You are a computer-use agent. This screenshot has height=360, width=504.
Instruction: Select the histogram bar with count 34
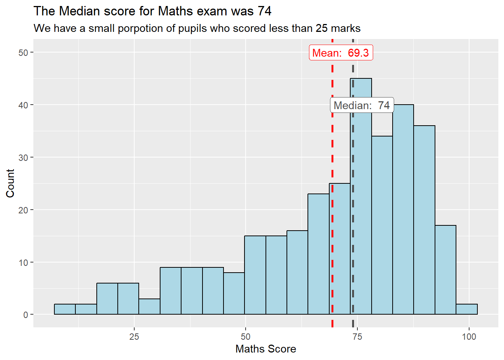pyautogui.click(x=382, y=225)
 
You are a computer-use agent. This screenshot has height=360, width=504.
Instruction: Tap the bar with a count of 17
pyautogui.click(x=445, y=270)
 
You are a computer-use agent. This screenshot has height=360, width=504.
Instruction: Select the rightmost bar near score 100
pyautogui.click(x=466, y=309)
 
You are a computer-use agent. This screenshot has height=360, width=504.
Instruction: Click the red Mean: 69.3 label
pyautogui.click(x=340, y=53)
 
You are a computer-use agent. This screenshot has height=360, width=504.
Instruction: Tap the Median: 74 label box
pyautogui.click(x=362, y=105)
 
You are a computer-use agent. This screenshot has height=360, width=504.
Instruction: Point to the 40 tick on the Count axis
pyautogui.click(x=23, y=105)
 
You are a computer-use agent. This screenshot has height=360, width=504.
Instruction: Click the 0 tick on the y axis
pyautogui.click(x=25, y=315)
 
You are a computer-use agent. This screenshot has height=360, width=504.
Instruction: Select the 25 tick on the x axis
pyautogui.click(x=134, y=336)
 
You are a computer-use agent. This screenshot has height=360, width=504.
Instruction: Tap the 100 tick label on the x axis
pyautogui.click(x=469, y=336)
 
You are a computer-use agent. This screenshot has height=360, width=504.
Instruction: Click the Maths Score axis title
pyautogui.click(x=265, y=349)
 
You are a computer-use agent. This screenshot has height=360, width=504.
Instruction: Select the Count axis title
pyautogui.click(x=10, y=183)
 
